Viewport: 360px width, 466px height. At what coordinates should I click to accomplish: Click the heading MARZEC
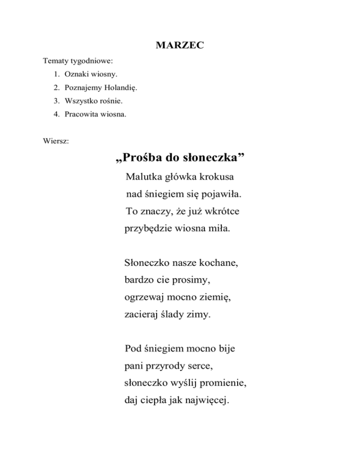180,46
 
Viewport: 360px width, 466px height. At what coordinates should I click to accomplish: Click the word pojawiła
222,195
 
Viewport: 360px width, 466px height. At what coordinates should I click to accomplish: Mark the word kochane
218,263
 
